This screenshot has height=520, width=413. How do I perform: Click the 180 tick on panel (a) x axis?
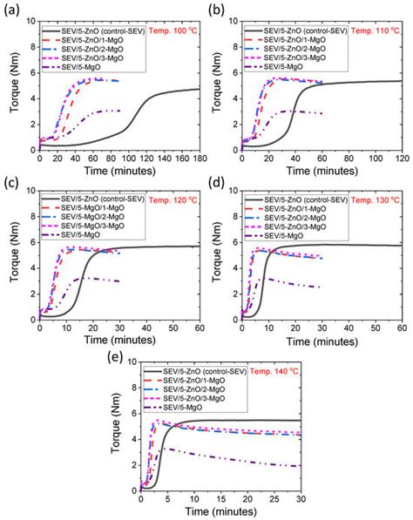[199, 158]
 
